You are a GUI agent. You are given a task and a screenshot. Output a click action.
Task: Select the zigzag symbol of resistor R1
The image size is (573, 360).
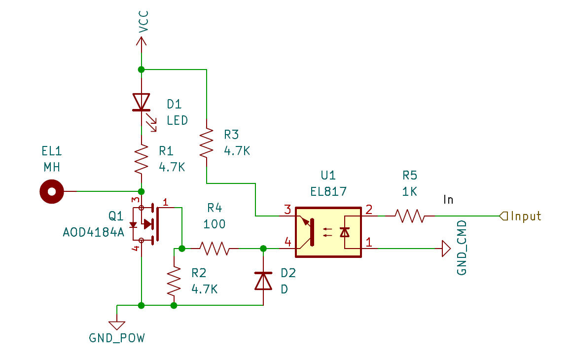pyautogui.click(x=142, y=159)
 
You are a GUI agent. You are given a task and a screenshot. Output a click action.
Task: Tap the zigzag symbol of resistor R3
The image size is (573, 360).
pyautogui.click(x=207, y=143)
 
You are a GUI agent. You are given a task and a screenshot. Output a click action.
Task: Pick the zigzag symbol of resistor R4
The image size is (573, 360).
pyautogui.click(x=215, y=249)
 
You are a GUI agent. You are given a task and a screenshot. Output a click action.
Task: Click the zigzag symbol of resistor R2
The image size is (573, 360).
pyautogui.click(x=174, y=281)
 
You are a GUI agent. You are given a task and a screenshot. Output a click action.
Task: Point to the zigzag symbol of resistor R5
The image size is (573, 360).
pyautogui.click(x=410, y=216)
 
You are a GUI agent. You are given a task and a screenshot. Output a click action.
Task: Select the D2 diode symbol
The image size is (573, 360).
pyautogui.click(x=263, y=281)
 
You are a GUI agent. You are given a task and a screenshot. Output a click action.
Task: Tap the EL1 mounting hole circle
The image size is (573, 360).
pyautogui.click(x=52, y=191)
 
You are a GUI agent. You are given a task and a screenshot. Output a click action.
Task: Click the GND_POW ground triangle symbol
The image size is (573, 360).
pyautogui.click(x=117, y=325)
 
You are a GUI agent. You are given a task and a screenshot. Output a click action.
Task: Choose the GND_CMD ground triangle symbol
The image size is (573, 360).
pyautogui.click(x=446, y=249)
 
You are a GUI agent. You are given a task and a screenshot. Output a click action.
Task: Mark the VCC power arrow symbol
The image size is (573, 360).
pyautogui.click(x=142, y=41)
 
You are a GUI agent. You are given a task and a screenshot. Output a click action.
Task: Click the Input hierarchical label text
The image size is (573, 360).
pyautogui.click(x=526, y=216)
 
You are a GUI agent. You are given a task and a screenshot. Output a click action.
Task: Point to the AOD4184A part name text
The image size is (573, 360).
pyautogui.click(x=94, y=232)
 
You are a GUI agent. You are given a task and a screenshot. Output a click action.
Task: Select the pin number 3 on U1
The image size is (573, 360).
pyautogui.click(x=287, y=210)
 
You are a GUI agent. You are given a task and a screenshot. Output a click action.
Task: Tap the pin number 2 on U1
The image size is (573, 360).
pyautogui.click(x=369, y=210)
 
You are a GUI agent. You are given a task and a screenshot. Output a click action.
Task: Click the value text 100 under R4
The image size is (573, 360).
pyautogui.click(x=215, y=224)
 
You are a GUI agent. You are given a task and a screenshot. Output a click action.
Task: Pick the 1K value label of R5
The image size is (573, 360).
pyautogui.click(x=410, y=191)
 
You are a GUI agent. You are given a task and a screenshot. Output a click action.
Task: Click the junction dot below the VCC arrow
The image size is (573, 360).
pyautogui.click(x=142, y=70)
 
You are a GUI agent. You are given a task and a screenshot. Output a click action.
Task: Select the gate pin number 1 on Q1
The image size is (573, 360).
pyautogui.click(x=166, y=202)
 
